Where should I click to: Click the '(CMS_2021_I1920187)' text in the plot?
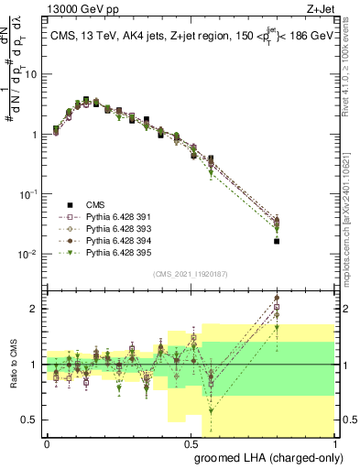tap(189, 273)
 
